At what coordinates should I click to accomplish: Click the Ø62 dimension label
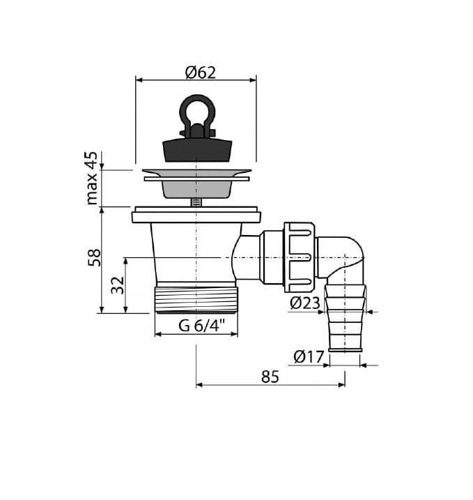click(x=201, y=73)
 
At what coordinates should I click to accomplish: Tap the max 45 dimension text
click(x=92, y=178)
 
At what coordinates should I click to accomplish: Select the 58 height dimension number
click(x=94, y=257)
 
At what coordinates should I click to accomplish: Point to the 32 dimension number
click(x=117, y=285)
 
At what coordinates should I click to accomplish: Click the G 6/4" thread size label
click(x=201, y=326)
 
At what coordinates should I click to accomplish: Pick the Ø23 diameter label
click(x=305, y=303)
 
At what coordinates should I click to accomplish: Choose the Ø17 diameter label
click(x=309, y=356)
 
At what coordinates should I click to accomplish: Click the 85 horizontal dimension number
click(x=270, y=377)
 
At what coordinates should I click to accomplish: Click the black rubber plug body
click(x=197, y=150)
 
